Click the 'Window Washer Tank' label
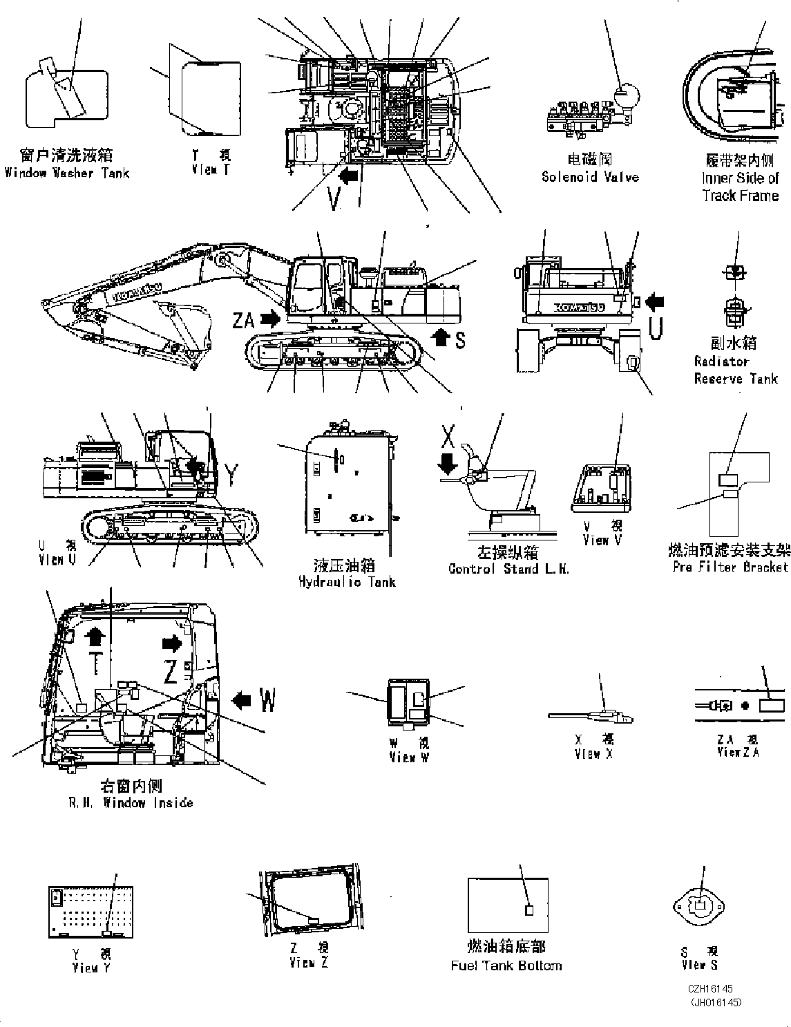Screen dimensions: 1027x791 [66, 173]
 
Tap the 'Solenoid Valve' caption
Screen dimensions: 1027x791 [590, 177]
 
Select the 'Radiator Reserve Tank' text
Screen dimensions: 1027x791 [735, 370]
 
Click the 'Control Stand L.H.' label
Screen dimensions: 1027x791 [508, 569]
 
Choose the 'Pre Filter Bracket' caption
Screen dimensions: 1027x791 [730, 567]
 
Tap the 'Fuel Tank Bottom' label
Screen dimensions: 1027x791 [506, 965]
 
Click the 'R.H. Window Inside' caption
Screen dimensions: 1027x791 [131, 802]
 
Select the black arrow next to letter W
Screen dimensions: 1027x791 [241, 700]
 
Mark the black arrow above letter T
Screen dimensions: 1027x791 [95, 637]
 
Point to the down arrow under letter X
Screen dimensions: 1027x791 [448, 461]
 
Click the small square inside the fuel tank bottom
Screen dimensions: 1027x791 [529, 910]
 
